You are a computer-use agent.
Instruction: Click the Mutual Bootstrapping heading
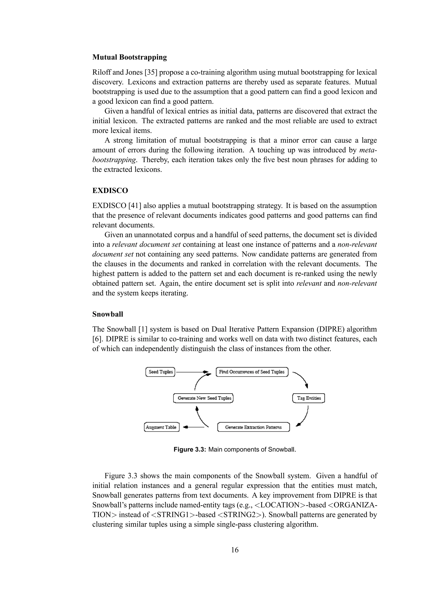129,57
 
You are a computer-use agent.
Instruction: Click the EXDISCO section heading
110,190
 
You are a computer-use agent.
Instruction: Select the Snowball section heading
108,314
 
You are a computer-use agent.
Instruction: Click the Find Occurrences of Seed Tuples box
252,372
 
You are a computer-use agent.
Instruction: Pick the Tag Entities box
309,398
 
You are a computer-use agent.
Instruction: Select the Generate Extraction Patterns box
253,427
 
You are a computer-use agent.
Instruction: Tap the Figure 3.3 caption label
190,449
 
